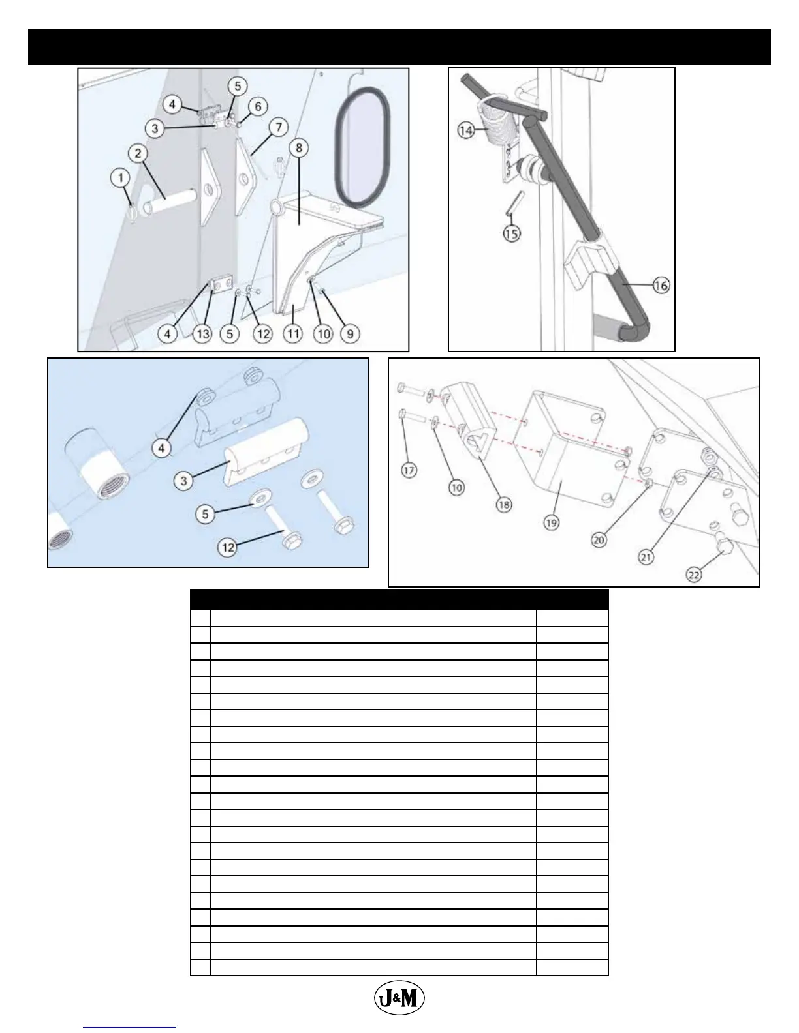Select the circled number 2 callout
pyautogui.click(x=138, y=154)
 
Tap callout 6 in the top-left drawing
pyautogui.click(x=257, y=106)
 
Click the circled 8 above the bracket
pyautogui.click(x=298, y=148)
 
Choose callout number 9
pyautogui.click(x=350, y=334)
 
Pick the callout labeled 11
pyautogui.click(x=293, y=334)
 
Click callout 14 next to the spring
pyautogui.click(x=465, y=130)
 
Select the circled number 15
pyautogui.click(x=512, y=233)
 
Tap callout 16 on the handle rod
pyautogui.click(x=661, y=285)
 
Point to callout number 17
pyautogui.click(x=409, y=470)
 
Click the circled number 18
pyautogui.click(x=504, y=503)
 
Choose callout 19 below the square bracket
pyautogui.click(x=552, y=522)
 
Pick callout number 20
pyautogui.click(x=599, y=539)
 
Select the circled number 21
pyautogui.click(x=646, y=556)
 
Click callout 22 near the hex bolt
pyautogui.click(x=694, y=575)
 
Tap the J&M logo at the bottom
pyautogui.click(x=399, y=997)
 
